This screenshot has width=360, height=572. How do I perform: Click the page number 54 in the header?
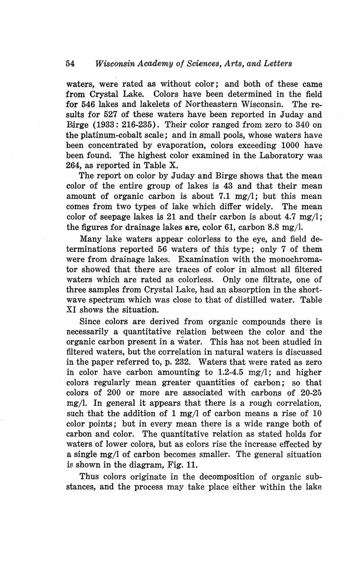pyautogui.click(x=70, y=64)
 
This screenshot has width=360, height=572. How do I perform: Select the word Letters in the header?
pyautogui.click(x=277, y=64)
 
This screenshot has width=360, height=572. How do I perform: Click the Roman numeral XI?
pyautogui.click(x=71, y=310)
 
